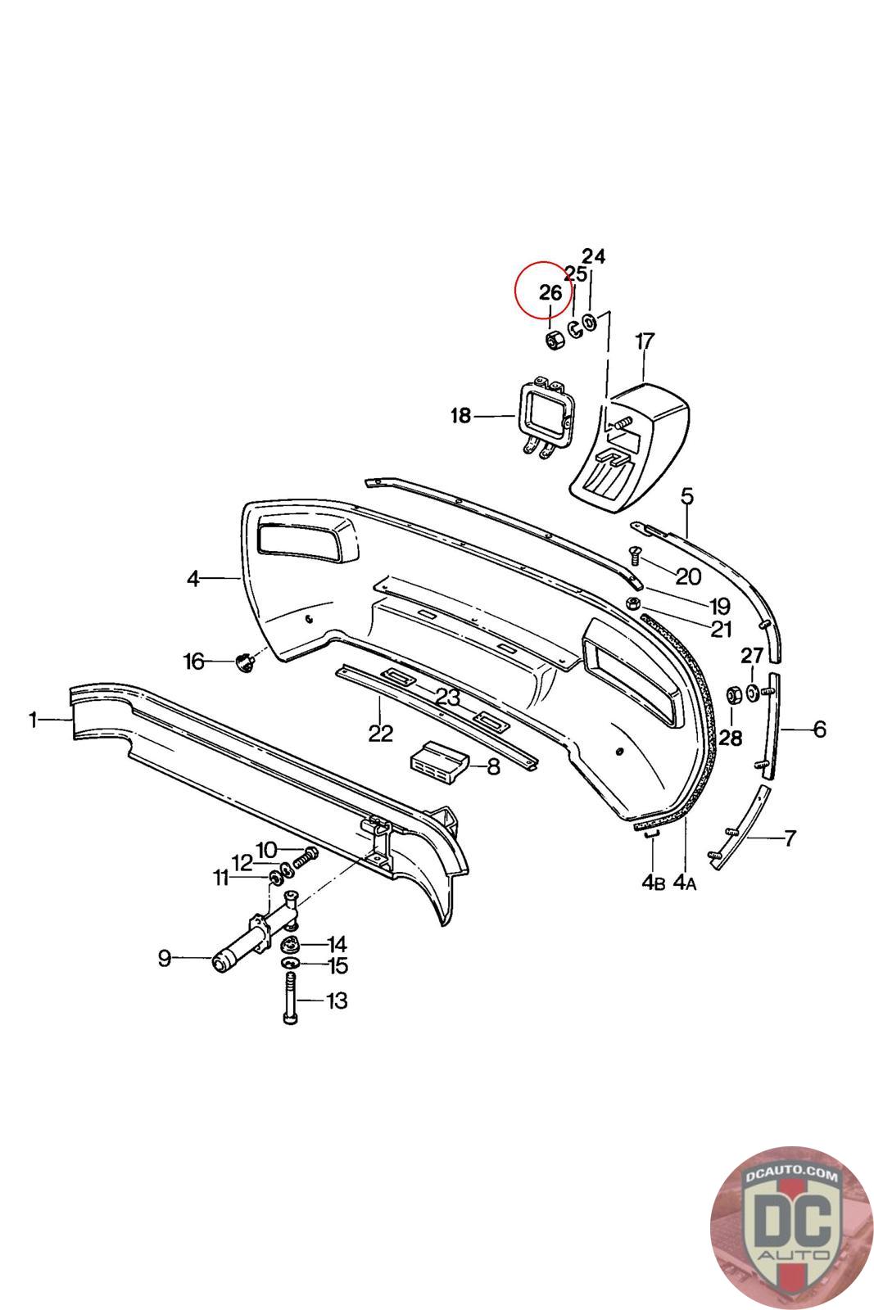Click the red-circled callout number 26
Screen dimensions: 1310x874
click(550, 293)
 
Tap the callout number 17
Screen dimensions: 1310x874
click(645, 341)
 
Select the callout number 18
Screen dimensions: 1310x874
click(461, 417)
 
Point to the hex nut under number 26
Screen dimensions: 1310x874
click(553, 340)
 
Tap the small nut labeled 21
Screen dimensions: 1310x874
click(633, 604)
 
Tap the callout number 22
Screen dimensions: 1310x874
click(380, 733)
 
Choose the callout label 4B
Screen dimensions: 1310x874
click(653, 883)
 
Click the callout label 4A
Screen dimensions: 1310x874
click(685, 883)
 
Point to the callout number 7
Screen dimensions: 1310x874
click(790, 838)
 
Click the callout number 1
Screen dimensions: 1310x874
click(34, 720)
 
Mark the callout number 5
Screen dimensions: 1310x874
click(687, 496)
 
